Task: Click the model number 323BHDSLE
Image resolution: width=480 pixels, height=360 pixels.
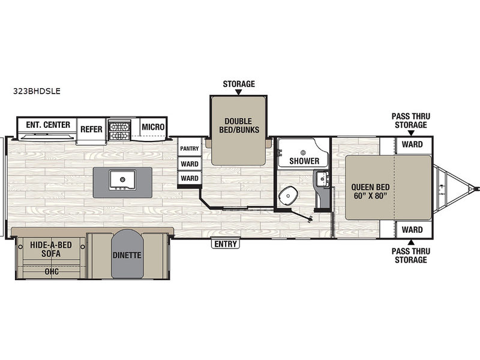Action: pos(37,91)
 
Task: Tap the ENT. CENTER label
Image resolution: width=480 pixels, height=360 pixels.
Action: pos(48,125)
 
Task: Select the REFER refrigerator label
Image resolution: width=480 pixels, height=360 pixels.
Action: pos(91,129)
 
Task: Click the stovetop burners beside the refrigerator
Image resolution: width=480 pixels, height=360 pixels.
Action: pos(119,130)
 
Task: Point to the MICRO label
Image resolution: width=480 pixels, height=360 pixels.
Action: pos(153,127)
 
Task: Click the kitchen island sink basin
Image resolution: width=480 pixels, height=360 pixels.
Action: pos(122,179)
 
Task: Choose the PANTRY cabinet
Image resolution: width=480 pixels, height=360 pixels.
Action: pos(190,148)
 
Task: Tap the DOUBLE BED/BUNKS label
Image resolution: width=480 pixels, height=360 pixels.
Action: pos(239,125)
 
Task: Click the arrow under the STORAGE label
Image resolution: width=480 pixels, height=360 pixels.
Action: pos(239,92)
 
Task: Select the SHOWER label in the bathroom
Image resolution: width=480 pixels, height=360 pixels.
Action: pos(304,161)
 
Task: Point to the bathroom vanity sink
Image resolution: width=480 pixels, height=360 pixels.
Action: pos(322,178)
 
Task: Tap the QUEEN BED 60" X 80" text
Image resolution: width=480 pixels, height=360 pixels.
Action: pos(370,191)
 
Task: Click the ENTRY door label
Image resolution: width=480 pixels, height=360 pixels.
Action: pos(226,244)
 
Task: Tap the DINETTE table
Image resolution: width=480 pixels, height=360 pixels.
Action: pos(127,254)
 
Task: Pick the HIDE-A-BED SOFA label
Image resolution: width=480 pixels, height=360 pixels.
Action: pos(51,249)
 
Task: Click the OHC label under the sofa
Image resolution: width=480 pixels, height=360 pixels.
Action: pos(52,272)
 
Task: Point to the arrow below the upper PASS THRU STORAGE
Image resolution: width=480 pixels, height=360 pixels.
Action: pos(411,133)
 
